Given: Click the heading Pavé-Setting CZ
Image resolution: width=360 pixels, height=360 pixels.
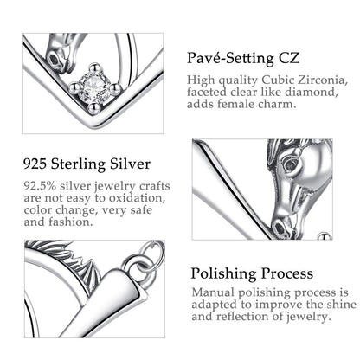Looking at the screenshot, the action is tap(243, 59).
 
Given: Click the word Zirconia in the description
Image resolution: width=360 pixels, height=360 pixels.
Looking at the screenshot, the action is tap(321, 80).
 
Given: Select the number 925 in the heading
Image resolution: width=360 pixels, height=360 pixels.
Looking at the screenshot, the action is tap(35, 164).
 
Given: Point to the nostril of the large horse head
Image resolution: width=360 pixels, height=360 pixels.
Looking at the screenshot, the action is tap(280, 228).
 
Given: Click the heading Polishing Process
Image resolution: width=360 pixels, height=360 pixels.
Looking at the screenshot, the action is tap(252, 273).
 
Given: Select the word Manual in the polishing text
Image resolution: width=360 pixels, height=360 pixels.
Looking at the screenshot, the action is tap(213, 292).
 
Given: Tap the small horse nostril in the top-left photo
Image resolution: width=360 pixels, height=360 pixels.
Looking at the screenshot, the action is tap(54, 59).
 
